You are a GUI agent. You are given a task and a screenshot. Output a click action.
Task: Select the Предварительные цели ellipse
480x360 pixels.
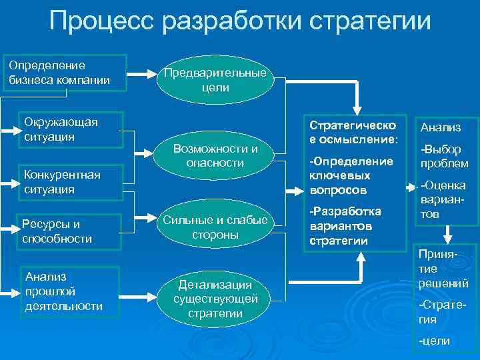[x=215, y=80]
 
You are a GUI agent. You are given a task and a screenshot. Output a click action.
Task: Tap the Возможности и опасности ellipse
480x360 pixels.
[x=215, y=155]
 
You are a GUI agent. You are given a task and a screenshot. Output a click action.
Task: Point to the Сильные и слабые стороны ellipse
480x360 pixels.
[x=215, y=227]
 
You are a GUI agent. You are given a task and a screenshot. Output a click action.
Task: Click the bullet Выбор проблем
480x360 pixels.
[x=443, y=156]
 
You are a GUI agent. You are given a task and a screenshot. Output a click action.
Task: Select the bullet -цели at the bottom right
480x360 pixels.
[x=433, y=341]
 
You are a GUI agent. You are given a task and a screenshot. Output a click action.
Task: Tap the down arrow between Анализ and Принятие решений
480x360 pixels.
[x=449, y=233]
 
